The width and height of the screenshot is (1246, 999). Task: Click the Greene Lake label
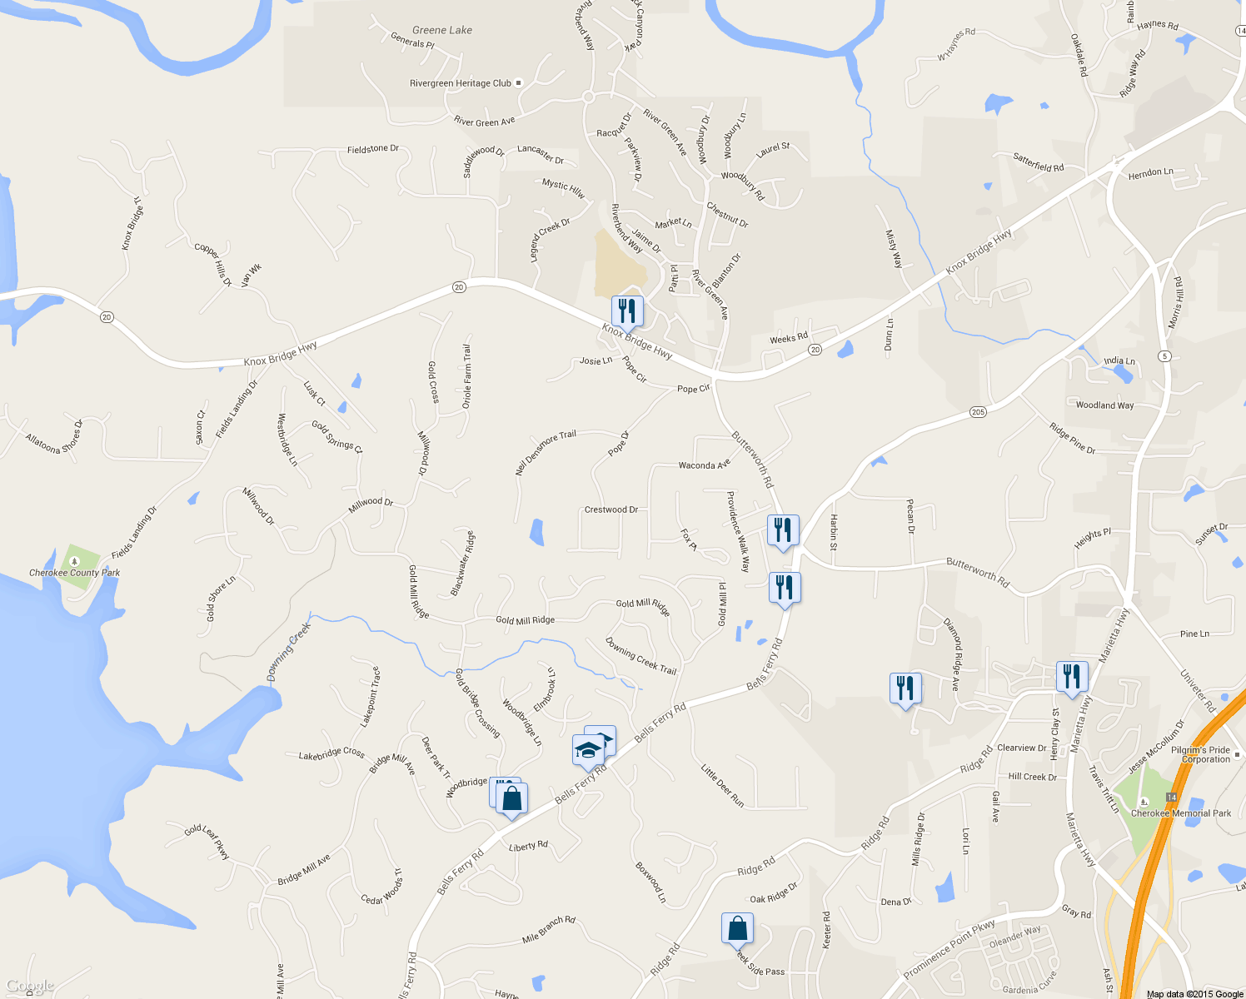coord(441,30)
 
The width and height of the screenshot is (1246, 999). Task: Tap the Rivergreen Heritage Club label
coord(461,83)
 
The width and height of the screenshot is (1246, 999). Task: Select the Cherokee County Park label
coord(74,573)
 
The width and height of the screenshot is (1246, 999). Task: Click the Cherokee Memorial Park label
coord(1180,813)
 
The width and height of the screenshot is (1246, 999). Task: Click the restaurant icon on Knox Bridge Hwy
coord(627,311)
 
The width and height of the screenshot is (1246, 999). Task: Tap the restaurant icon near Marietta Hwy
coord(1071,676)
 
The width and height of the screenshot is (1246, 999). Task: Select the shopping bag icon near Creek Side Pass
coord(737,928)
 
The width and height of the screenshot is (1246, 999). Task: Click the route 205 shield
coord(978,412)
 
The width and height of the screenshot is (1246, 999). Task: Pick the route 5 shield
coord(1164,356)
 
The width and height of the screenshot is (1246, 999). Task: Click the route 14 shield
coord(1171,798)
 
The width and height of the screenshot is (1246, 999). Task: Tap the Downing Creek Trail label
coord(640,655)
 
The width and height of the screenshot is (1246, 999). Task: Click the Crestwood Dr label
coord(611,509)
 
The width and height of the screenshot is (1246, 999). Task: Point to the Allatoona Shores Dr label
coord(54,438)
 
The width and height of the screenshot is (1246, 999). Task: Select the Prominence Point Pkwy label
coord(949,950)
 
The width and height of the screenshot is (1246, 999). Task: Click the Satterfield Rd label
coord(1038,162)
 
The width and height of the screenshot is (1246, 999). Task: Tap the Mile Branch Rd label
coord(548,929)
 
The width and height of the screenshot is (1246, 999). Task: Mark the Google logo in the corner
coord(29,987)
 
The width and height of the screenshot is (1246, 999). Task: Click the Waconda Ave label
coord(704,465)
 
